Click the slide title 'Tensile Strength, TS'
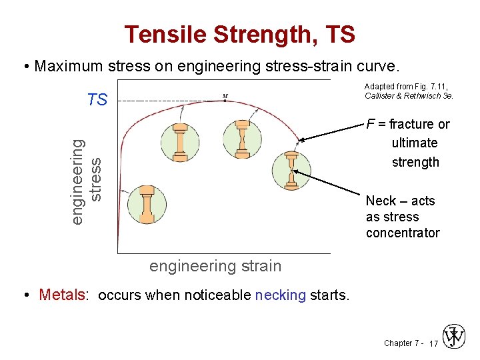(239, 34)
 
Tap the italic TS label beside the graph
(97, 101)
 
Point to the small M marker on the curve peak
(225, 96)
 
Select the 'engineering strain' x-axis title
(215, 267)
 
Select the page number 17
(433, 344)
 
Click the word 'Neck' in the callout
(381, 201)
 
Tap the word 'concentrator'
(403, 233)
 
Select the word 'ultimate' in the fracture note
(415, 143)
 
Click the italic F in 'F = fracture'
(370, 124)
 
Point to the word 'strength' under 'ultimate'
(415, 162)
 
